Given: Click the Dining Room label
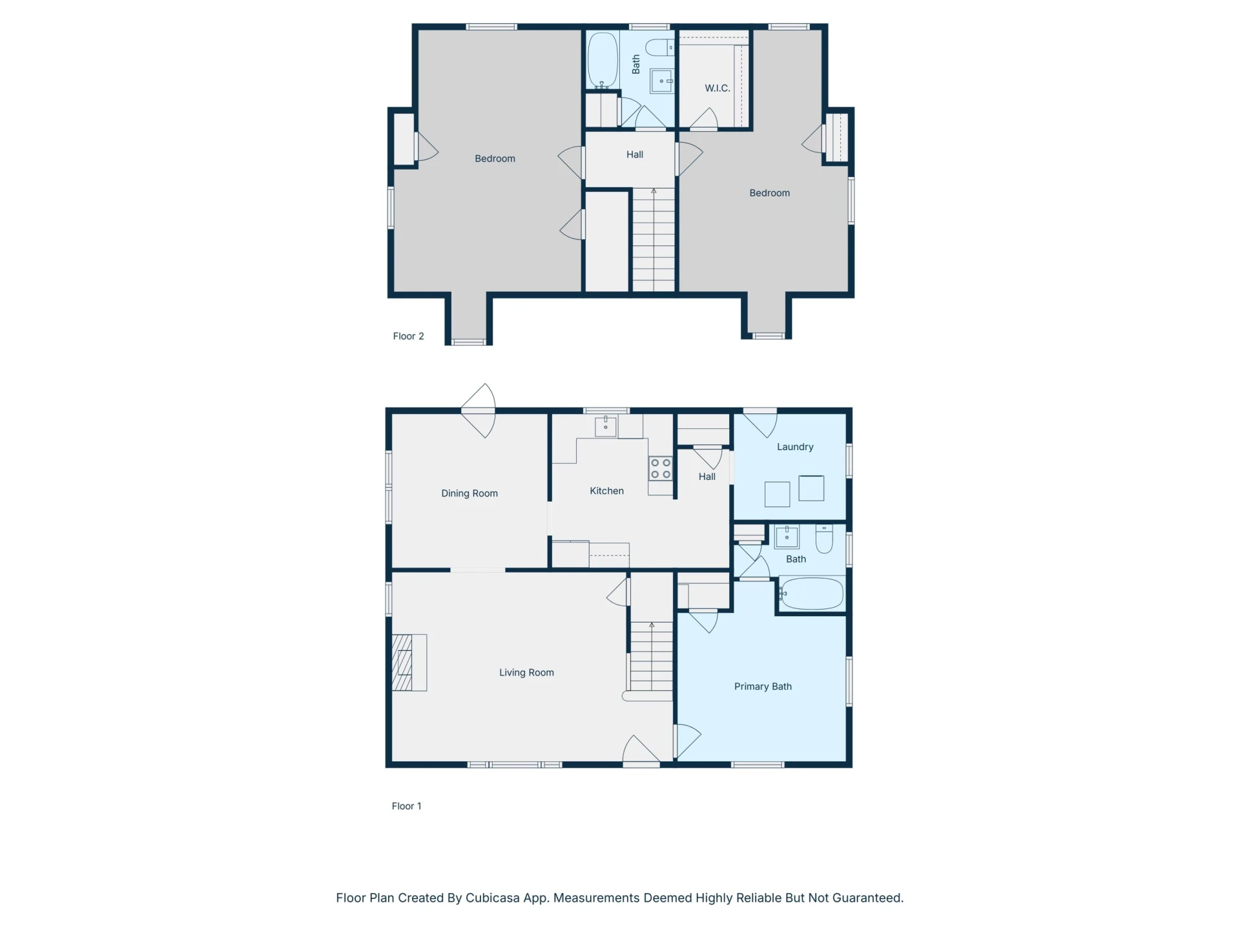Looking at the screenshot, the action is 470,493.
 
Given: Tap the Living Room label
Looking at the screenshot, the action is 526,672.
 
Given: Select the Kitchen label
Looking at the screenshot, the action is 606,491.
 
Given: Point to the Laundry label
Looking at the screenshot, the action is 795,447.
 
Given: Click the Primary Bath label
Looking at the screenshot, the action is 763,687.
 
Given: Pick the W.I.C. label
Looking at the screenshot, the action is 718,88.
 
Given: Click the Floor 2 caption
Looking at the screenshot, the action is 408,336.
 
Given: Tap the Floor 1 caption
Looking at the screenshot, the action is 406,806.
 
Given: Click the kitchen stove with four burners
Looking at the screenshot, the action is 661,469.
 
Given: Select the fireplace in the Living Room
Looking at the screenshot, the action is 409,663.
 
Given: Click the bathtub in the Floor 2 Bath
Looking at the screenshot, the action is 603,60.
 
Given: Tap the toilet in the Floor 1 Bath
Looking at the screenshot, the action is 824,539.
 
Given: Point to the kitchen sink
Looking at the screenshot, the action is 605,426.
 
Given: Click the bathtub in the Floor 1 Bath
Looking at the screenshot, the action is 811,594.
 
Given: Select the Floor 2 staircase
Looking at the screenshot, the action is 654,240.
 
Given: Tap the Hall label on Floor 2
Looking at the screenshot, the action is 635,154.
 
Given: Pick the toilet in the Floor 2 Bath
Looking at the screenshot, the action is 659,47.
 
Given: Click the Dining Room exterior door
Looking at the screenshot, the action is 479,411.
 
